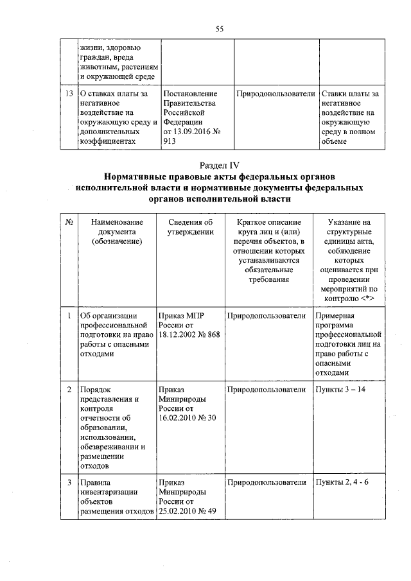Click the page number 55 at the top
219,28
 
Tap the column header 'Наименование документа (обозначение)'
116,231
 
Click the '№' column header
67,221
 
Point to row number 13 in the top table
67,94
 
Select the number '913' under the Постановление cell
170,141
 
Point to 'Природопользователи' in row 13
275,94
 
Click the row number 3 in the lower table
68,482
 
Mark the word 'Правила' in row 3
93,482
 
